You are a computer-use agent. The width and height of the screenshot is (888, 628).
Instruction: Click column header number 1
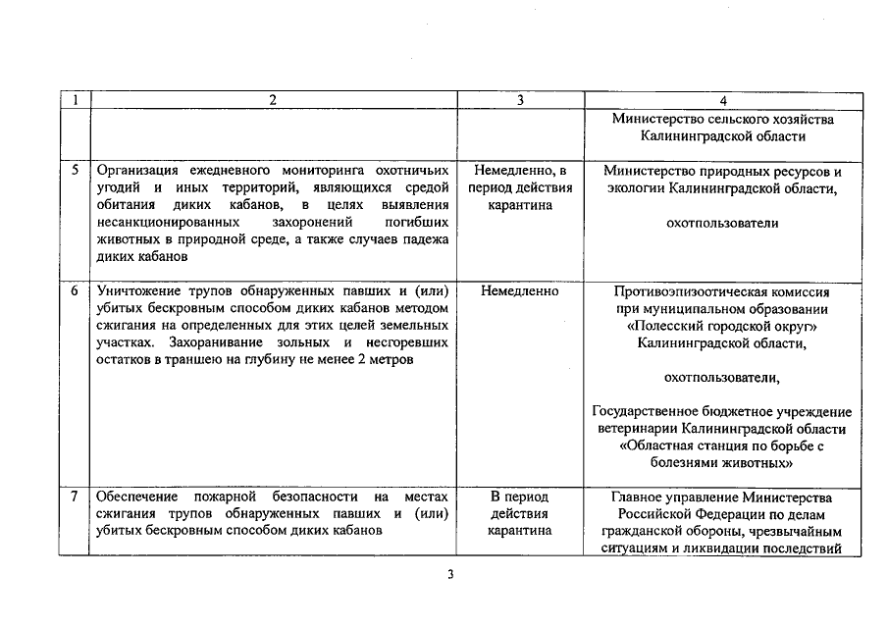[75, 100]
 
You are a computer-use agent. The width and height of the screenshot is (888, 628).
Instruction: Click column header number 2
[273, 100]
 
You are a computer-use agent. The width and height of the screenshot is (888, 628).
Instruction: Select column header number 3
[520, 100]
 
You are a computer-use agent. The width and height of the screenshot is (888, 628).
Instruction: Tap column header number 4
[722, 100]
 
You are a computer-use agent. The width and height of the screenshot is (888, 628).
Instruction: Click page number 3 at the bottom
[449, 575]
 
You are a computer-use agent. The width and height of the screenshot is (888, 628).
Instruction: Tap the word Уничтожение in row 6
[140, 291]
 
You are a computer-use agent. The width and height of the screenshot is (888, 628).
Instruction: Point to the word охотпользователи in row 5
[722, 223]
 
